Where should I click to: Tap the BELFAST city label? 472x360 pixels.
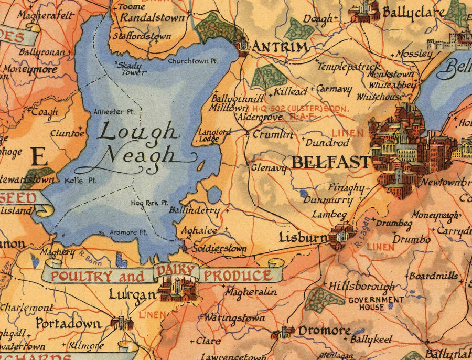(x=330, y=162)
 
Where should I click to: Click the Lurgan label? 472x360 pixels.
(x=133, y=295)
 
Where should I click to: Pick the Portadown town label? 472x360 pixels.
(x=68, y=323)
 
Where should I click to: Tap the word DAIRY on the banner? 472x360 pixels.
(x=176, y=271)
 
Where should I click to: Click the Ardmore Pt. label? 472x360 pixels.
(x=128, y=232)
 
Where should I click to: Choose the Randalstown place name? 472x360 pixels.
(x=153, y=18)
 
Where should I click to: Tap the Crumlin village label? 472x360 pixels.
(x=273, y=134)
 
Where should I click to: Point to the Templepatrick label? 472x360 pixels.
(x=349, y=67)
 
